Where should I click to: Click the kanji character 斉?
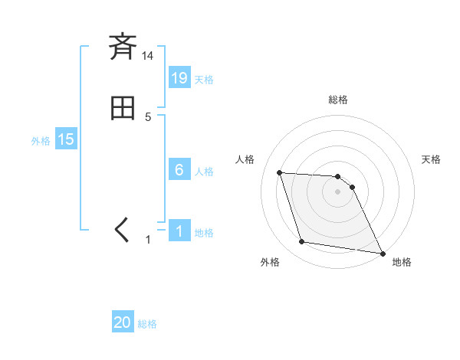click(122, 47)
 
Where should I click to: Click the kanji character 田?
click(122, 108)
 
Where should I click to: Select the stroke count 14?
click(147, 56)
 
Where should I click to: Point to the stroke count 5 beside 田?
click(148, 117)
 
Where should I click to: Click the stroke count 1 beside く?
click(148, 240)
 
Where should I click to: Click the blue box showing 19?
click(179, 77)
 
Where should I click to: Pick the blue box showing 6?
click(179, 170)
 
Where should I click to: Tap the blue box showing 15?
click(66, 139)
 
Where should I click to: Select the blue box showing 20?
click(123, 322)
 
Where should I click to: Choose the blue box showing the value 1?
click(179, 231)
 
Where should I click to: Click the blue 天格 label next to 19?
click(204, 79)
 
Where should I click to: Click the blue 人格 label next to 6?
click(204, 172)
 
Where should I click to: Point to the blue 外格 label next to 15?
click(41, 141)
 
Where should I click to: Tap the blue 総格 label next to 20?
click(147, 324)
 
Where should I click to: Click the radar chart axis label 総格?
click(338, 100)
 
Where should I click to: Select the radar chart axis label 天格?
click(431, 159)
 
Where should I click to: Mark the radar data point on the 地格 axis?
click(382, 253)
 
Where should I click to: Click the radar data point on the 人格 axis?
click(279, 172)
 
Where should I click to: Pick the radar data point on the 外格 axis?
click(302, 242)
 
